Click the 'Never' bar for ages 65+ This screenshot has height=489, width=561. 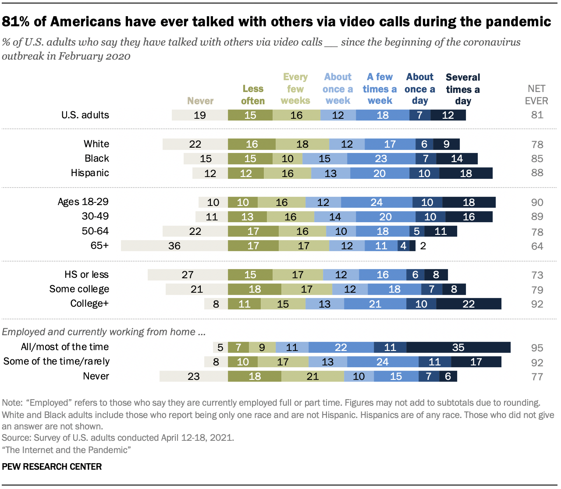(x=174, y=246)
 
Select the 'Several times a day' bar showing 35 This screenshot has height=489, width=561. (x=458, y=347)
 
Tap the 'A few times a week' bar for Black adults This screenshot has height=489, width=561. (x=381, y=159)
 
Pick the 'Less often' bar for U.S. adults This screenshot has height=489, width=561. (x=250, y=115)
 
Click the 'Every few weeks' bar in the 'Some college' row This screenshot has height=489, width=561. (x=307, y=289)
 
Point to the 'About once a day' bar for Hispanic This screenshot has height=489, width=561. (x=424, y=173)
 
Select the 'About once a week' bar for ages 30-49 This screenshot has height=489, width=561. (x=335, y=217)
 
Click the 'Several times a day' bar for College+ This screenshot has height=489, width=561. (x=469, y=304)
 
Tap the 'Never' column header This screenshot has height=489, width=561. (x=200, y=101)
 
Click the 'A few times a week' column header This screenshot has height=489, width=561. (x=380, y=89)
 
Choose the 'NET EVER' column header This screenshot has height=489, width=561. (x=536, y=95)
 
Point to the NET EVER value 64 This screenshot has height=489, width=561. (x=537, y=246)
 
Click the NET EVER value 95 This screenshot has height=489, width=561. (x=537, y=348)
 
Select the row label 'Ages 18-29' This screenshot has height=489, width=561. (x=83, y=202)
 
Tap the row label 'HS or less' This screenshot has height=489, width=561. (x=86, y=275)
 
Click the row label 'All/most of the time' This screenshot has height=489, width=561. (x=65, y=347)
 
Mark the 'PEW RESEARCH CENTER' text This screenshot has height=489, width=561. (x=52, y=467)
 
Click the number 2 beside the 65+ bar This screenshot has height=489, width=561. (x=423, y=246)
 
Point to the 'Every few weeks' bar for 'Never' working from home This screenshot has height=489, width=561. (x=312, y=376)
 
